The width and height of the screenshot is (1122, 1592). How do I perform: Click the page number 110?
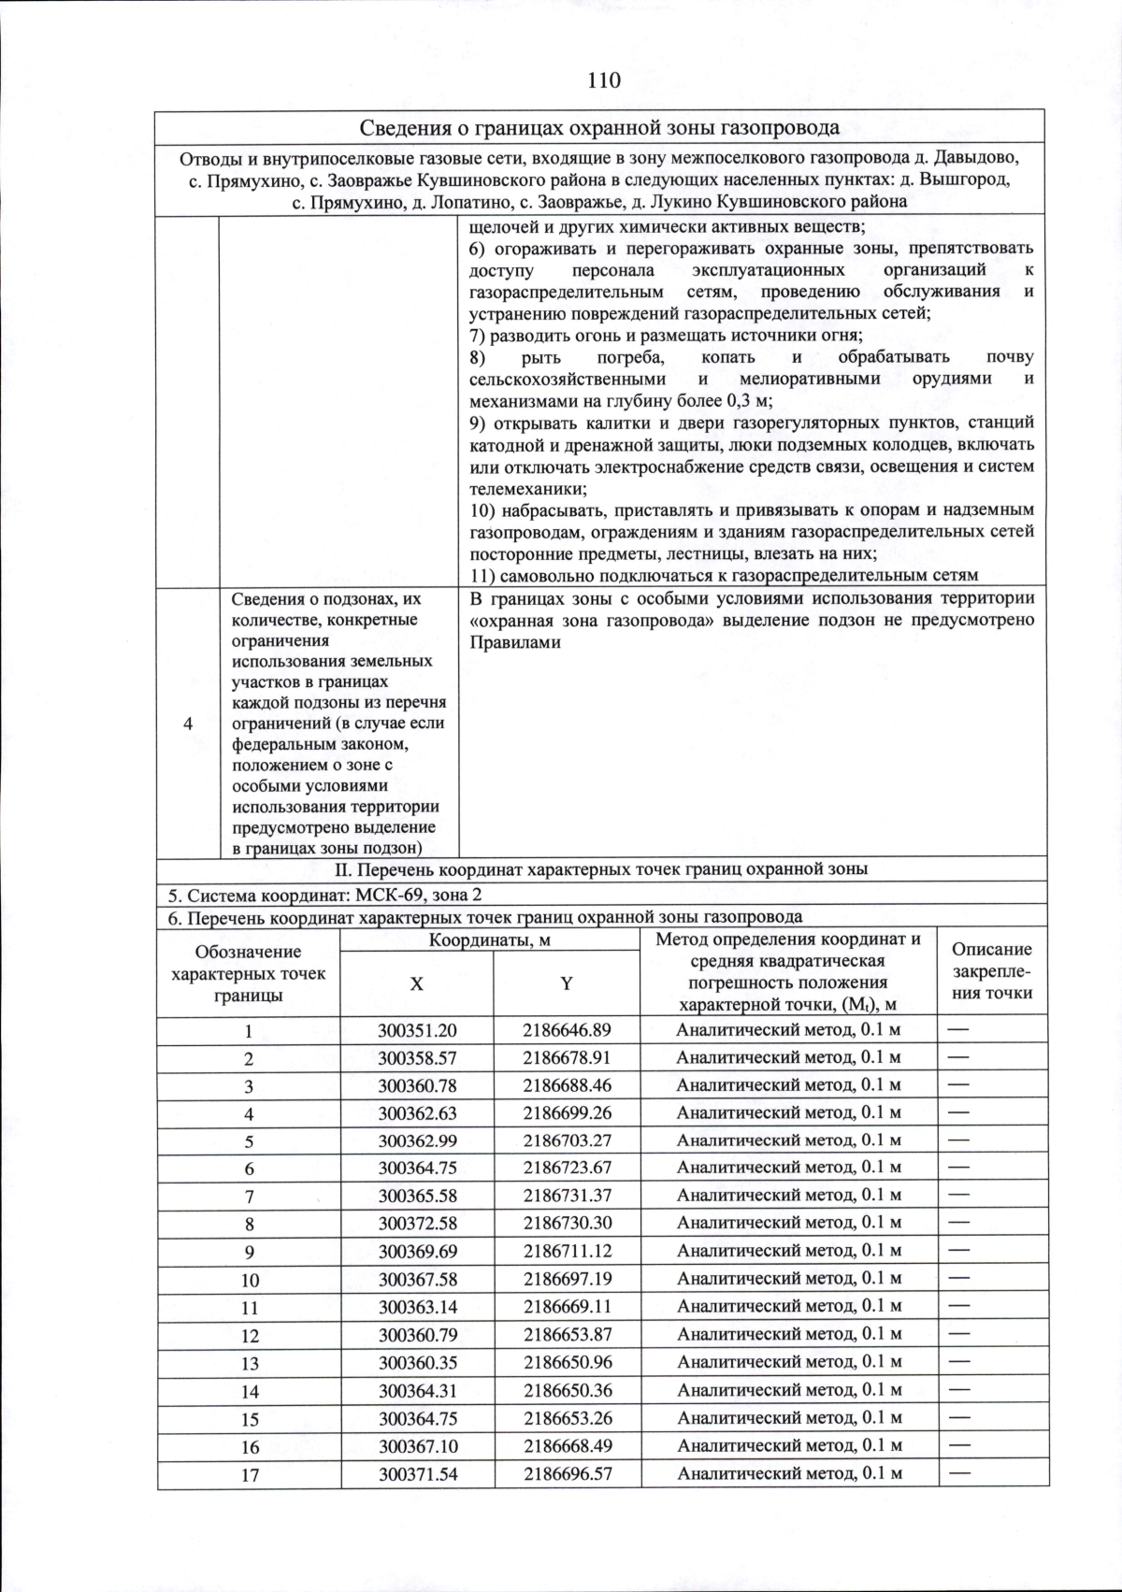tap(604, 80)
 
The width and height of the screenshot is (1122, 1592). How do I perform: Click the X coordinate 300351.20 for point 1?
tap(417, 1030)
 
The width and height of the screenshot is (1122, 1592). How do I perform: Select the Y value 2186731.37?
tap(567, 1195)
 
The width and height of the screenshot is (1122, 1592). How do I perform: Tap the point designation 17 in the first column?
tap(250, 1474)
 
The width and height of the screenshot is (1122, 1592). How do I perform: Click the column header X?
tap(416, 983)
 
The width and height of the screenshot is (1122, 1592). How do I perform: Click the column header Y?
tap(567, 983)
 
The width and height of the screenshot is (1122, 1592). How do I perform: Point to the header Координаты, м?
tap(489, 940)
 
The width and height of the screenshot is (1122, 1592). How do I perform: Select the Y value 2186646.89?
tap(567, 1030)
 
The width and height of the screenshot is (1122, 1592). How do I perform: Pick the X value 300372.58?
tap(417, 1223)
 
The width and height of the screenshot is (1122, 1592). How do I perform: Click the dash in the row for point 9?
tap(958, 1250)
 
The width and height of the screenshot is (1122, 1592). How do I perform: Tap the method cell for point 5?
tap(788, 1140)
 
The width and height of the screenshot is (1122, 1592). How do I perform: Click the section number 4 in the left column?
tap(188, 724)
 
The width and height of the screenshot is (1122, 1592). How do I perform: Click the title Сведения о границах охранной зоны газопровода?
tap(599, 127)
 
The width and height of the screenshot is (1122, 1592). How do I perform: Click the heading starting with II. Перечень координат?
tap(601, 869)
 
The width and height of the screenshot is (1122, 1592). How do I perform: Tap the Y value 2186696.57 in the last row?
tap(568, 1473)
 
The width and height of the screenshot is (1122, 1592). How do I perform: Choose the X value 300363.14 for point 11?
tap(417, 1306)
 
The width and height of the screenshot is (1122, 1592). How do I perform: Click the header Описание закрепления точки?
tap(991, 971)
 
